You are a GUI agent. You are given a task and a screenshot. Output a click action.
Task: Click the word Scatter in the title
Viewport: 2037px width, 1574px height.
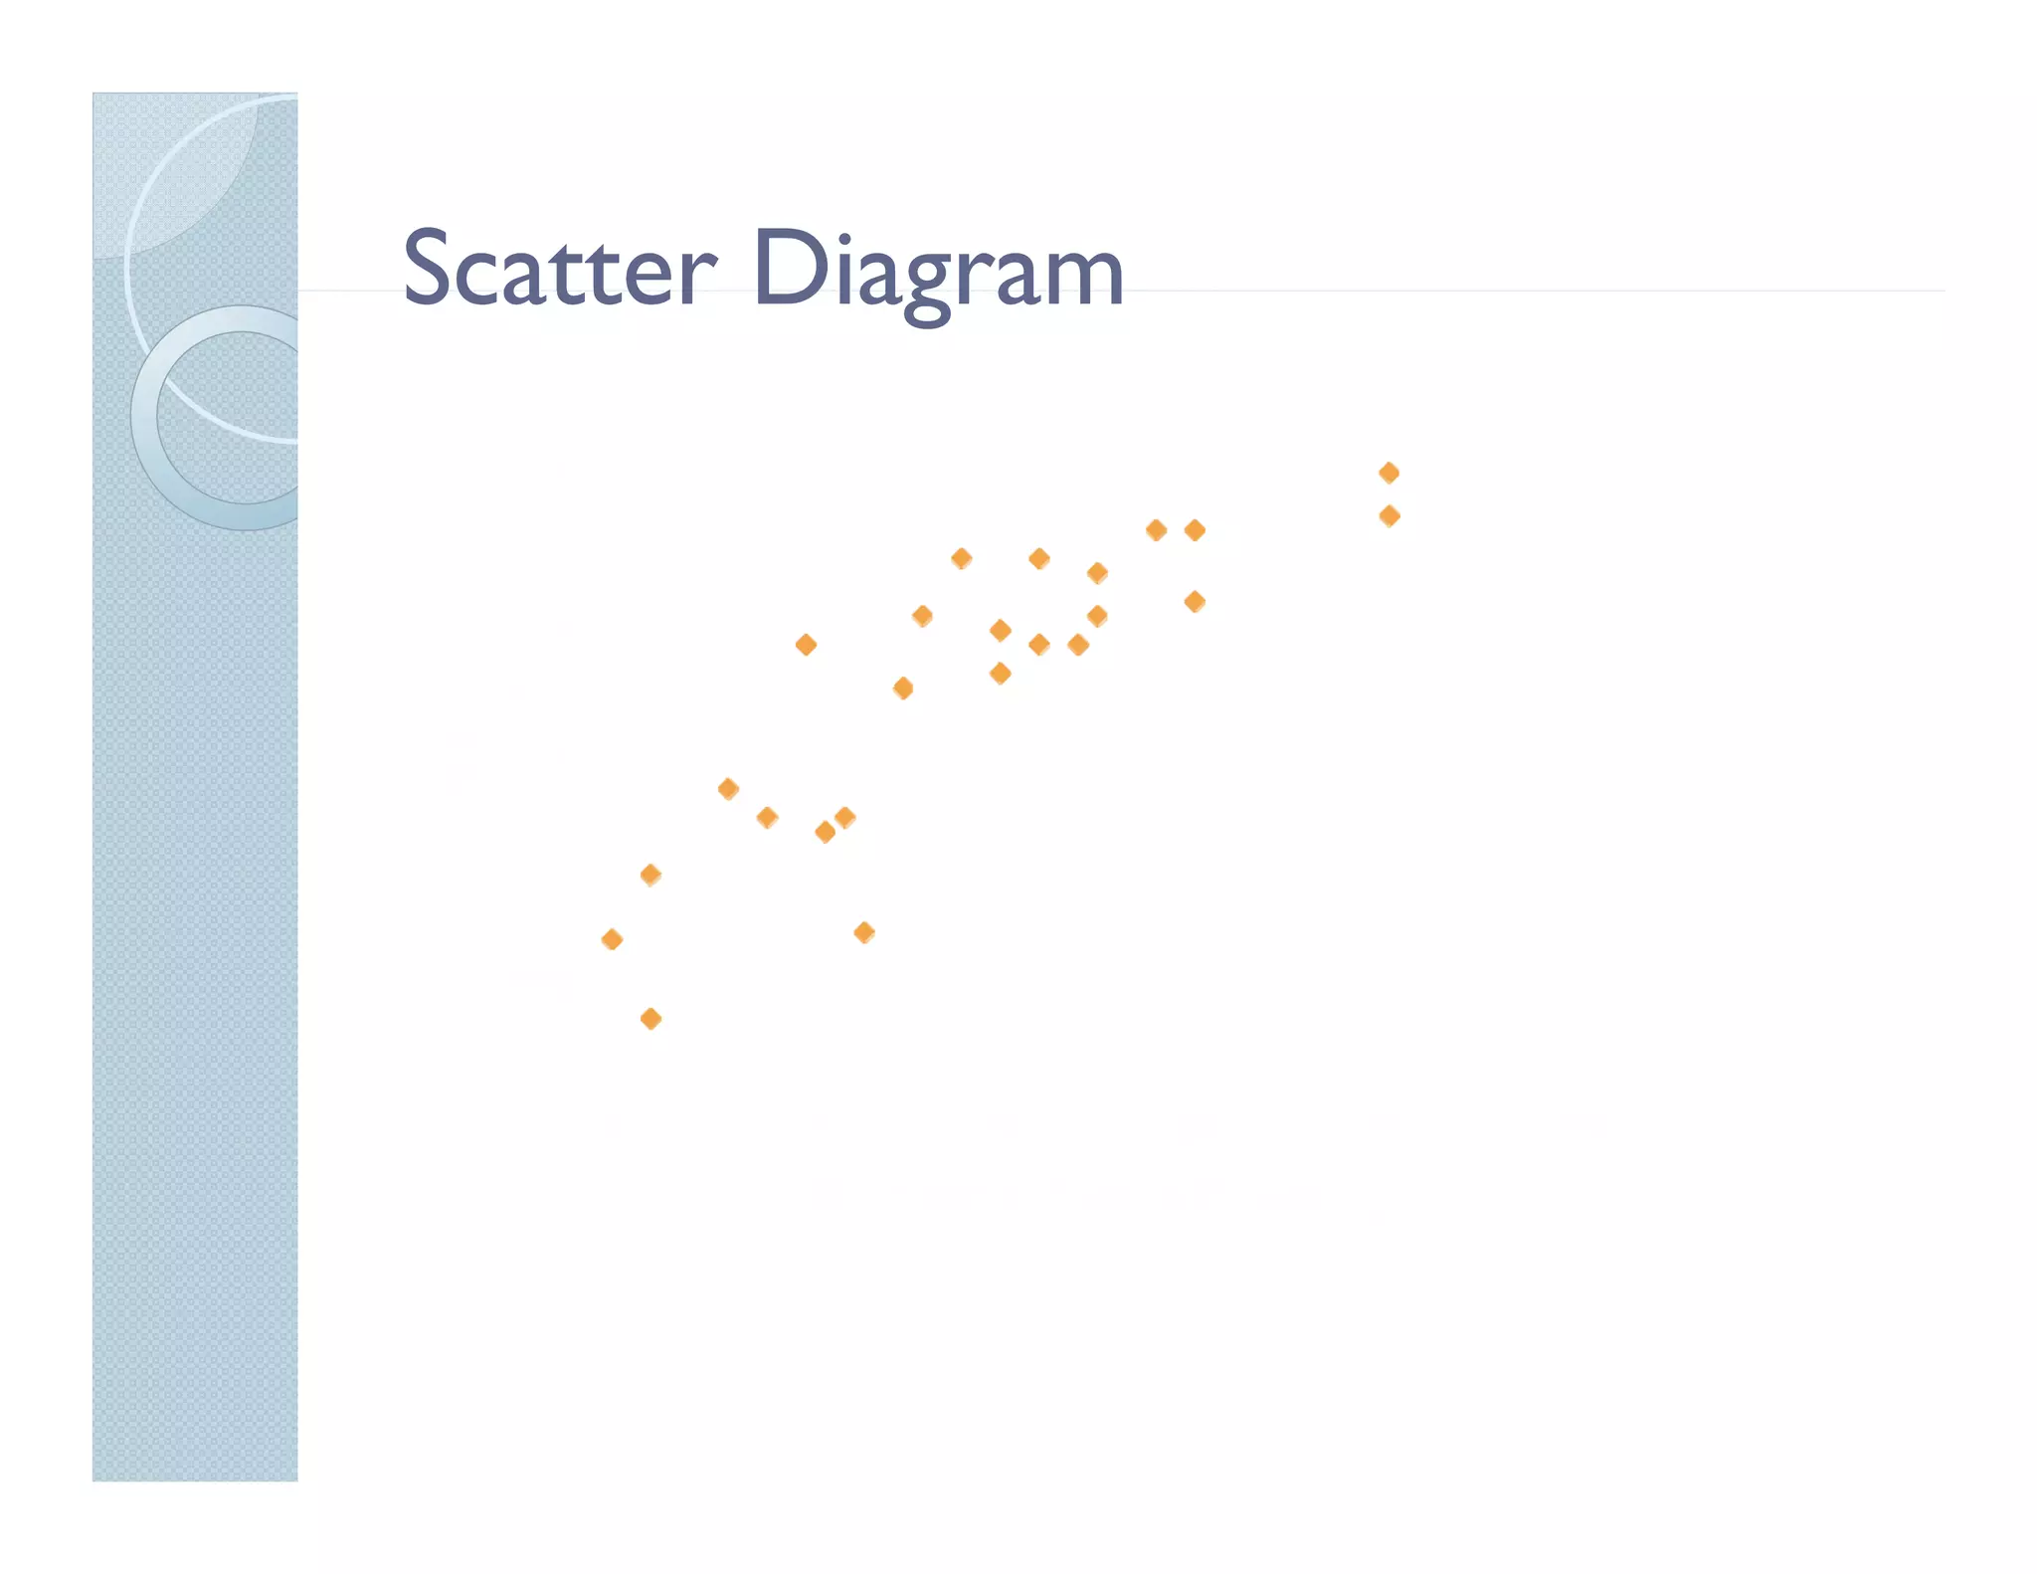pyautogui.click(x=558, y=269)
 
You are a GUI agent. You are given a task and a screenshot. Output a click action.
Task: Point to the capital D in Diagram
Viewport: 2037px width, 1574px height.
pyautogui.click(x=790, y=267)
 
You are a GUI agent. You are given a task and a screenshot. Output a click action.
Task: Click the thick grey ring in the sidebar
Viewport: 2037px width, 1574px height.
pyautogui.click(x=149, y=418)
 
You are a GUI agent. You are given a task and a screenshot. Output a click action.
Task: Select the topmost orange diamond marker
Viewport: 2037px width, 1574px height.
pyautogui.click(x=1389, y=473)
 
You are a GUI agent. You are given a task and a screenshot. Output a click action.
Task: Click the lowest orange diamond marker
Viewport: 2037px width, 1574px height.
pyautogui.click(x=650, y=1019)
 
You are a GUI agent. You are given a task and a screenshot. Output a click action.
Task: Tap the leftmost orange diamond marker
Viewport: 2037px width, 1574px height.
pyautogui.click(x=612, y=939)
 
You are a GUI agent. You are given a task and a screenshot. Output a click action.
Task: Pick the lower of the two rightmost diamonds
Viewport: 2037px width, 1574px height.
pyautogui.click(x=1389, y=515)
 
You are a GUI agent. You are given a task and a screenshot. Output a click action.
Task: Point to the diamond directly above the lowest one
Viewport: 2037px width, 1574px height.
pyautogui.click(x=650, y=875)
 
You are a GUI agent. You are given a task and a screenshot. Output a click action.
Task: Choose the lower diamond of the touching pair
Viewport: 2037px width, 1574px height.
pyautogui.click(x=825, y=832)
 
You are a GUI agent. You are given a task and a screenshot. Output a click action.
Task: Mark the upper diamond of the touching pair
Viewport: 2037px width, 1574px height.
pyautogui.click(x=845, y=817)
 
